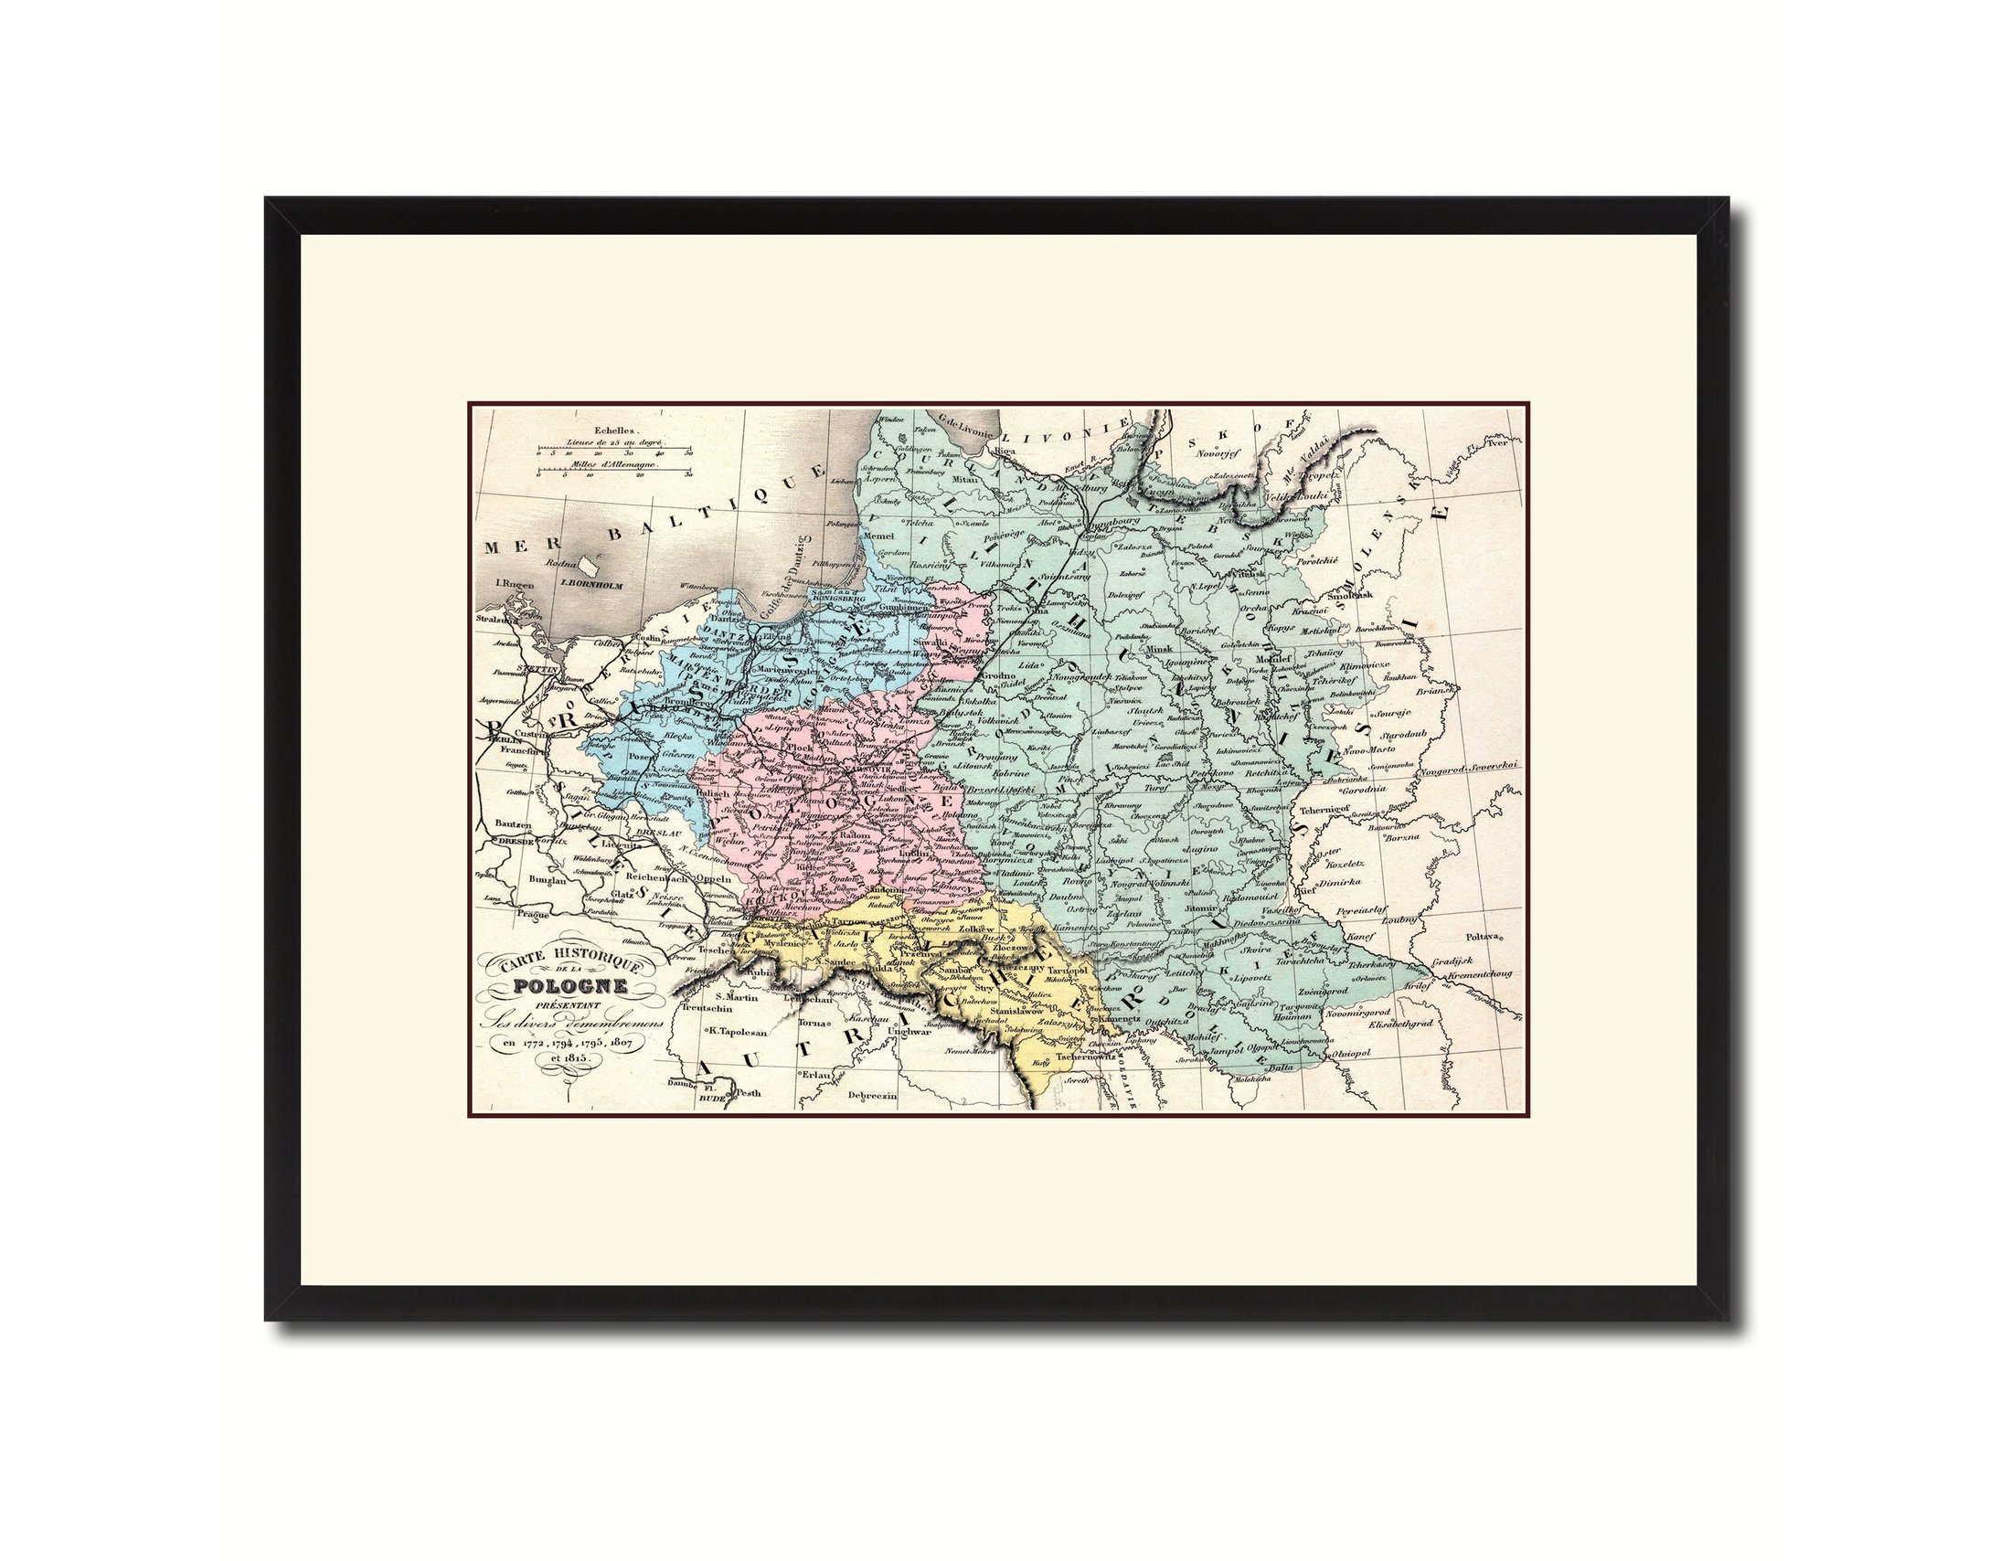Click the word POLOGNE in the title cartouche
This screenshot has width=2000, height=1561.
point(569,986)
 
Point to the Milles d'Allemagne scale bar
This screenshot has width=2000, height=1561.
point(614,473)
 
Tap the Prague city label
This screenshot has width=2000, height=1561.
point(532,913)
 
